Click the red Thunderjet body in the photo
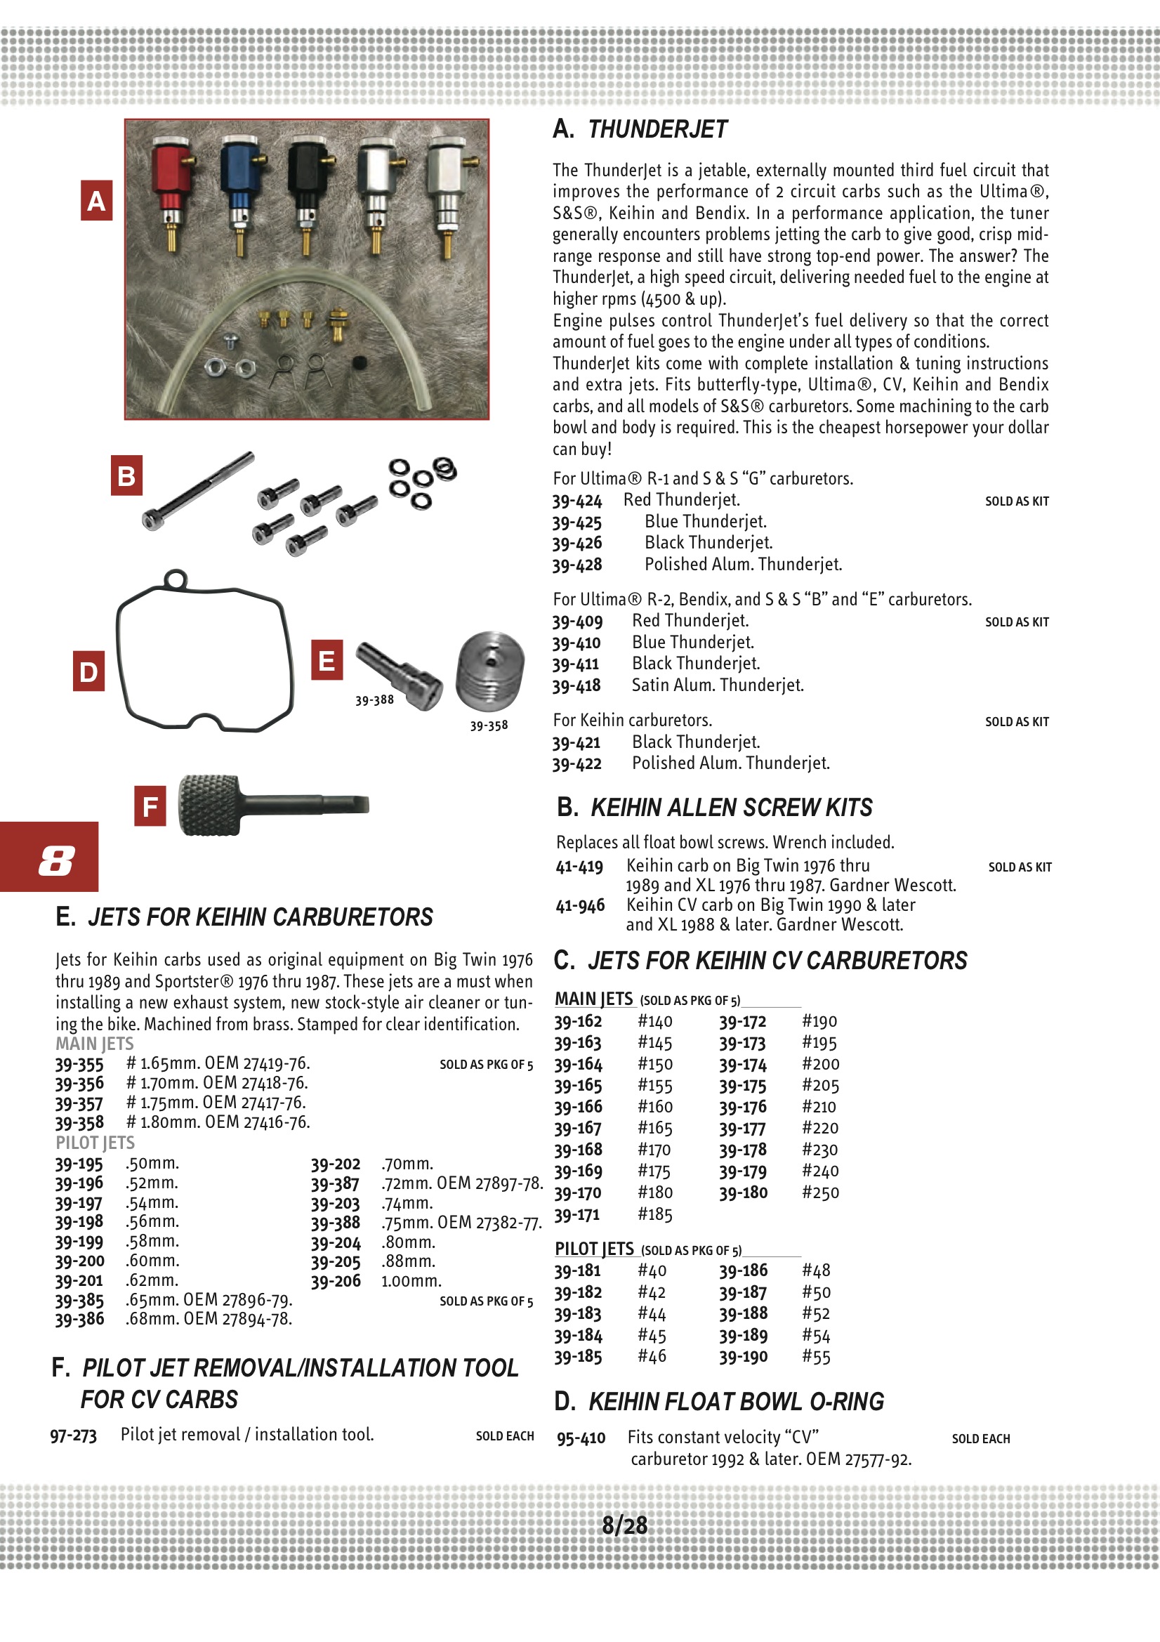tap(169, 179)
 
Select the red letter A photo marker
tap(96, 201)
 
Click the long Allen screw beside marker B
tap(198, 490)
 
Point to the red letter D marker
tap(88, 671)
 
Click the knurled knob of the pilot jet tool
tap(208, 805)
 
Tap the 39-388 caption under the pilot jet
tap(374, 700)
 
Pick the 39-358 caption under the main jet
tap(489, 725)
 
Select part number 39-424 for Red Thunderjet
tap(577, 501)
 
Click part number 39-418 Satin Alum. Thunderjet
tap(576, 686)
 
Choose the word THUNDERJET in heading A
tap(657, 129)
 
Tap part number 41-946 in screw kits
tap(580, 905)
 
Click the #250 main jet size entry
tap(820, 1193)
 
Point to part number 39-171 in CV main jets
tap(577, 1214)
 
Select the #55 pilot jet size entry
tap(816, 1358)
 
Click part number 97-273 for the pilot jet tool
tap(73, 1436)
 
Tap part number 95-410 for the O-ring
tap(581, 1438)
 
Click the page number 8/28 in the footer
tap(624, 1525)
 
